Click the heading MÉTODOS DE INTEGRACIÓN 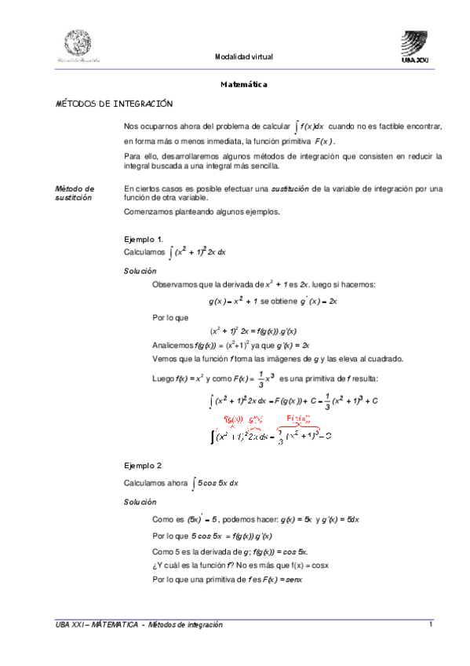(x=114, y=104)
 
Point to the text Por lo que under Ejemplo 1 (x=167, y=318)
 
